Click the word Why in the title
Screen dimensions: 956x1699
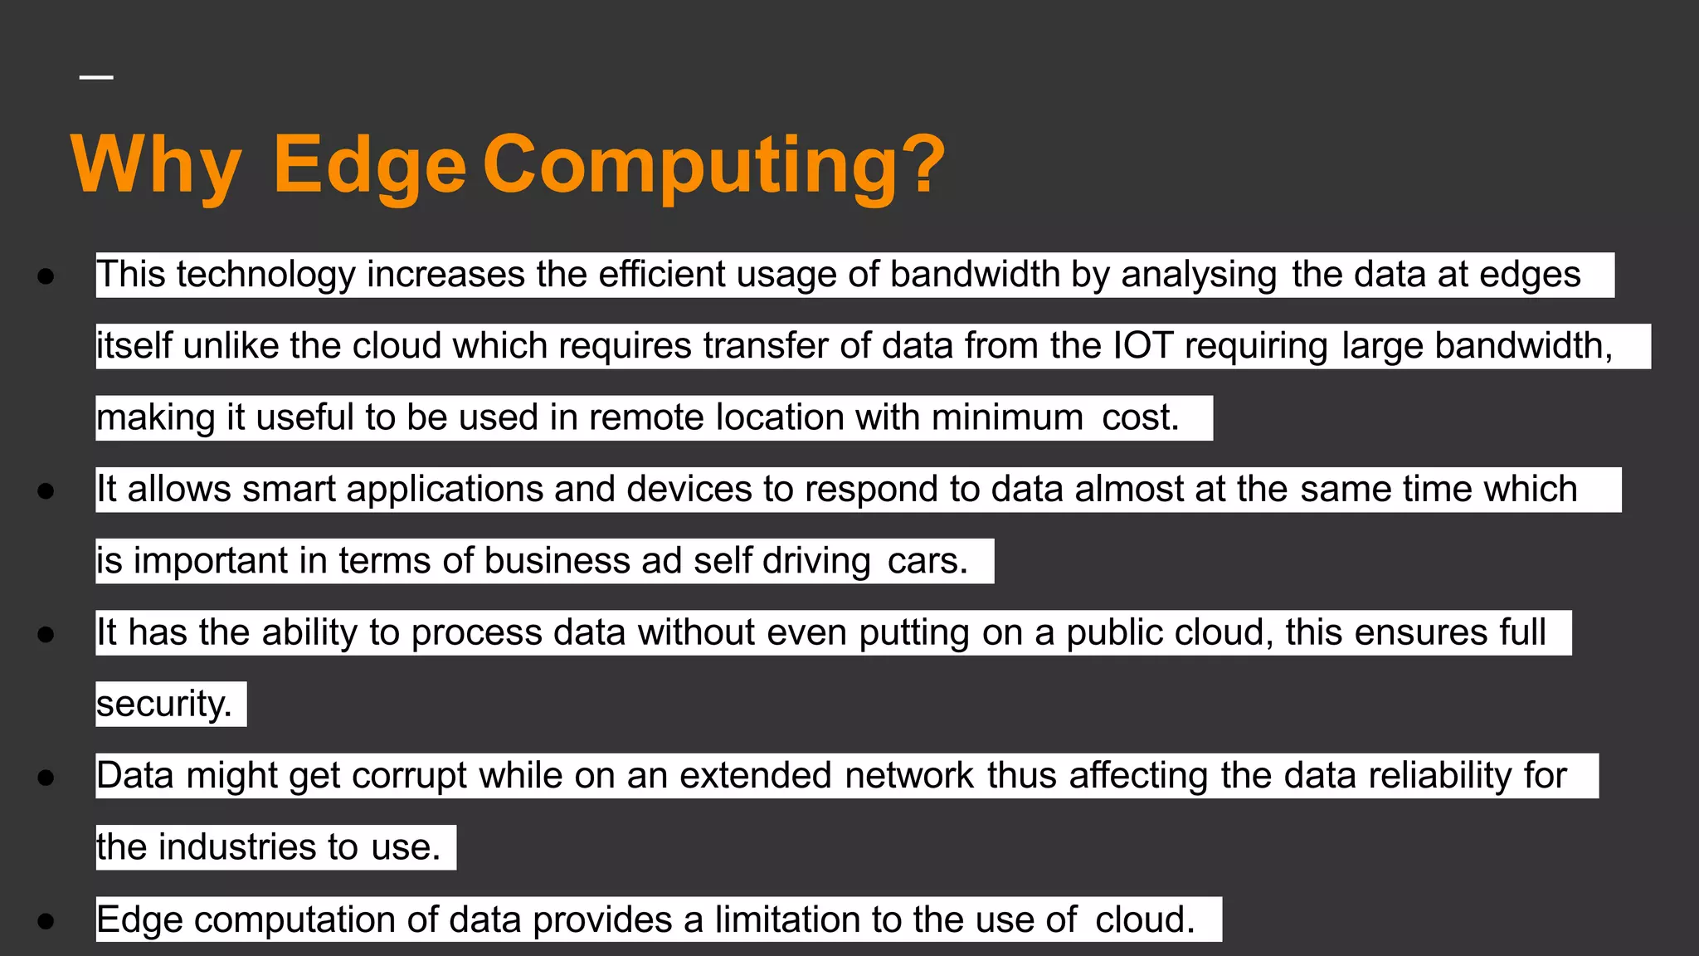(156, 166)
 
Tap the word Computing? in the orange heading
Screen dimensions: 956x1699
(713, 166)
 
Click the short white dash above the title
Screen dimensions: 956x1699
(96, 77)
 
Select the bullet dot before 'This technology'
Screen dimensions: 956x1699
(46, 276)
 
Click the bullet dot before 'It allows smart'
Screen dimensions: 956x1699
(46, 491)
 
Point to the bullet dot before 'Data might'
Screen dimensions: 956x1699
(46, 778)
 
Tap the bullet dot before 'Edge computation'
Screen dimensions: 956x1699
(46, 920)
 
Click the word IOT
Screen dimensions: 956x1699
(1142, 346)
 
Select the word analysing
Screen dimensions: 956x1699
(1199, 275)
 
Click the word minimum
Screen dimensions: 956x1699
(1007, 417)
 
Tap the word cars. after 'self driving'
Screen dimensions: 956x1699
(927, 561)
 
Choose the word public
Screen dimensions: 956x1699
(1107, 633)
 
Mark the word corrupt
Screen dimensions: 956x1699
(410, 776)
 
